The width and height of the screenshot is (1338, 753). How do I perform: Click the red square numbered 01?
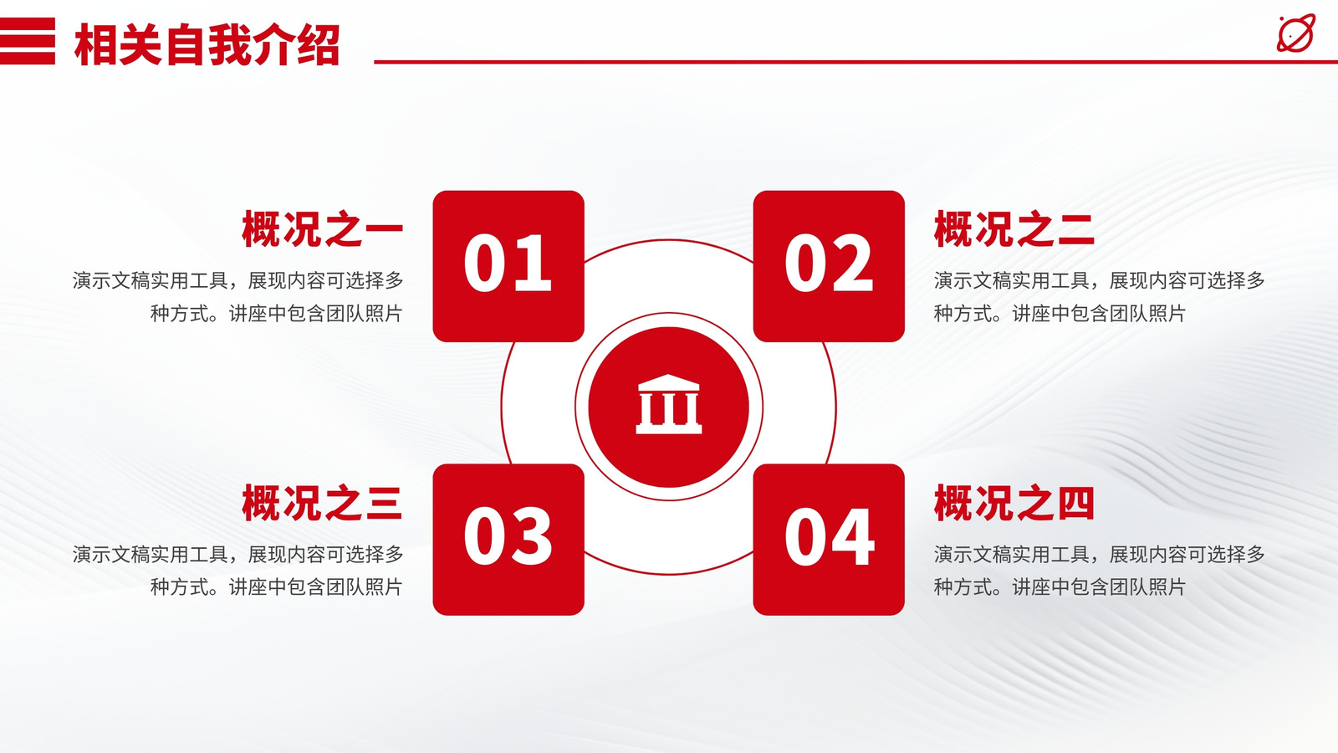[x=508, y=266]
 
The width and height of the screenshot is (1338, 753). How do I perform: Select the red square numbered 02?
[x=829, y=266]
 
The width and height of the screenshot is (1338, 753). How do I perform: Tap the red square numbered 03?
[x=508, y=540]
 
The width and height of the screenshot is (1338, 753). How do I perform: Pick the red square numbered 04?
[x=829, y=540]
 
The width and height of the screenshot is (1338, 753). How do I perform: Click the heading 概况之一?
[x=323, y=229]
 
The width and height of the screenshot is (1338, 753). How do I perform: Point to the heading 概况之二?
[x=1014, y=229]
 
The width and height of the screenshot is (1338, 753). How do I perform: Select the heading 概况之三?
[x=323, y=503]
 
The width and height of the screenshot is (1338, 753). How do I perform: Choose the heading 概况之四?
[x=1014, y=503]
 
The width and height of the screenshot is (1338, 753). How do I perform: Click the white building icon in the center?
[x=668, y=405]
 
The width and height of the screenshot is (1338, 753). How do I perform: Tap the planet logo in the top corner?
[x=1296, y=33]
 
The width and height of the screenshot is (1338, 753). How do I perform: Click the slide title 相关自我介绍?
[x=207, y=45]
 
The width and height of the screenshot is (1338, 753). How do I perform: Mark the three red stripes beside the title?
[x=28, y=41]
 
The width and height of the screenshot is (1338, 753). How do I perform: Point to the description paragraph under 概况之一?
[x=237, y=296]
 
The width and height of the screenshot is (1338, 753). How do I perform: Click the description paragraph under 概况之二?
[x=1099, y=296]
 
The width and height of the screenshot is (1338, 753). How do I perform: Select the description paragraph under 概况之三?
[x=237, y=571]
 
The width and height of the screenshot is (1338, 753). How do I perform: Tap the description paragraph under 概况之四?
[x=1099, y=571]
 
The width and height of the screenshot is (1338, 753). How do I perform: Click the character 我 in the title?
[x=229, y=45]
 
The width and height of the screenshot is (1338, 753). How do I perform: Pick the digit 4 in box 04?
[x=851, y=536]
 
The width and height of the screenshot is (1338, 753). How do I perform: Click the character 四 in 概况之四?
[x=1075, y=503]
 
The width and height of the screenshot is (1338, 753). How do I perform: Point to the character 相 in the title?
[x=95, y=45]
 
